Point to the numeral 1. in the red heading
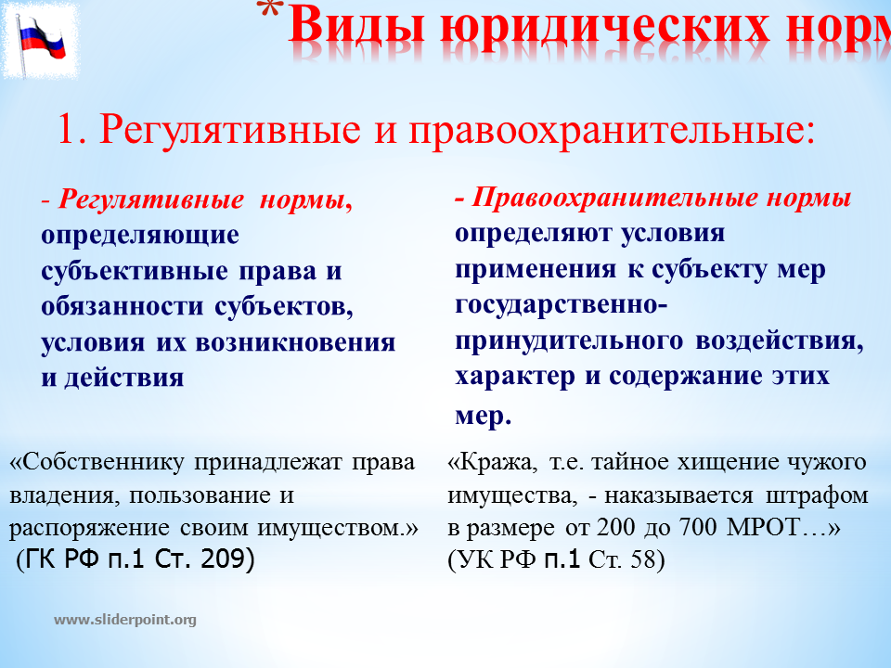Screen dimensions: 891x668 pyautogui.click(x=72, y=129)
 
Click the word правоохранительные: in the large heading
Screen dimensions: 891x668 pyautogui.click(x=612, y=131)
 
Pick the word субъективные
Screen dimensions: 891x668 pyautogui.click(x=135, y=272)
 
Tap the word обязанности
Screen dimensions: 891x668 pyautogui.click(x=123, y=307)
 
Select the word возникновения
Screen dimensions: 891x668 pyautogui.click(x=295, y=342)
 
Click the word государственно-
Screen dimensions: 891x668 pyautogui.click(x=562, y=305)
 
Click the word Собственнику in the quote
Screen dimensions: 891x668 pyautogui.click(x=97, y=462)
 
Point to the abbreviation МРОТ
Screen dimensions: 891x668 pyautogui.click(x=763, y=527)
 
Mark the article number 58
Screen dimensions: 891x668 pyautogui.click(x=643, y=559)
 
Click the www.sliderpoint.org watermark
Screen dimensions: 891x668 pyautogui.click(x=125, y=620)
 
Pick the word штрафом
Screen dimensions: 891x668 pyautogui.click(x=817, y=496)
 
